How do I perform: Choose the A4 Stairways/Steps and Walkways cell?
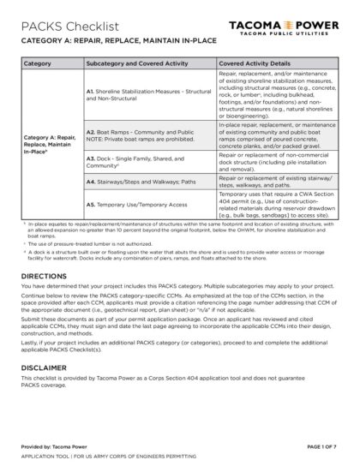135,182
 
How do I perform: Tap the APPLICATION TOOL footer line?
116,455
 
